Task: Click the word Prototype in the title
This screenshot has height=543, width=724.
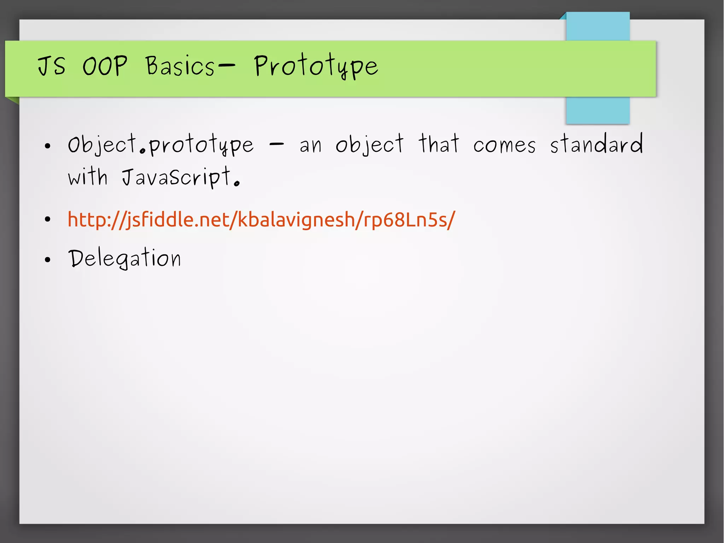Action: tap(316, 67)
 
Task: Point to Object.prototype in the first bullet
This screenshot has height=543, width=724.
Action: tap(161, 145)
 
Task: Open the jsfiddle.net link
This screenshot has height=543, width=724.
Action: tap(261, 220)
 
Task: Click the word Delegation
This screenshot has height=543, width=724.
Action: tap(124, 258)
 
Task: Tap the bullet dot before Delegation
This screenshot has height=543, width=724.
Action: tap(48, 260)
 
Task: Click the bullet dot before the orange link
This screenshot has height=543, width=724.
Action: tap(48, 220)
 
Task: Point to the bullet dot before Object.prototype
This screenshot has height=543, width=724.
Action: tap(48, 146)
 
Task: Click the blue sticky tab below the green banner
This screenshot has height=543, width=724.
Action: tap(597, 110)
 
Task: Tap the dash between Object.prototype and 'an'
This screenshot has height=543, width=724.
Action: tap(276, 144)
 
